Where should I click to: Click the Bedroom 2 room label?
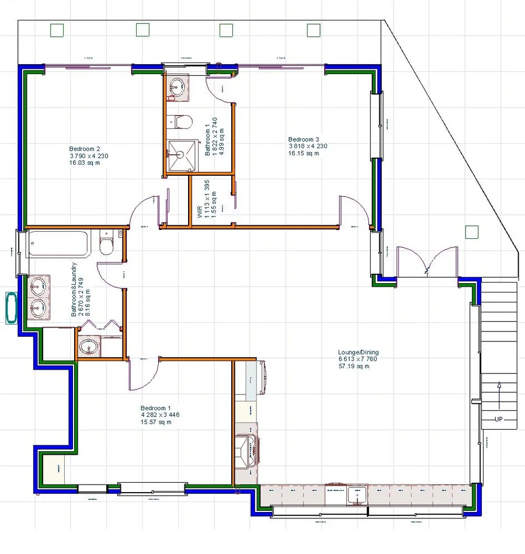tap(85, 148)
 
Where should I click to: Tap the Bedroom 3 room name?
tap(304, 140)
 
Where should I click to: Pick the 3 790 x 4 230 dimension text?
tap(89, 156)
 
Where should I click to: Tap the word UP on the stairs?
tap(498, 419)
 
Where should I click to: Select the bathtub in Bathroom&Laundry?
tap(58, 243)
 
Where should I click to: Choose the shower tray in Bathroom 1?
tap(180, 155)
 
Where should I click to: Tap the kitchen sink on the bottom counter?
tap(356, 495)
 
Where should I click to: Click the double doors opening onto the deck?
tap(427, 261)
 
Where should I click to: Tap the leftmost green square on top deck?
tap(57, 30)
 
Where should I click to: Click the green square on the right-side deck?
tap(471, 232)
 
